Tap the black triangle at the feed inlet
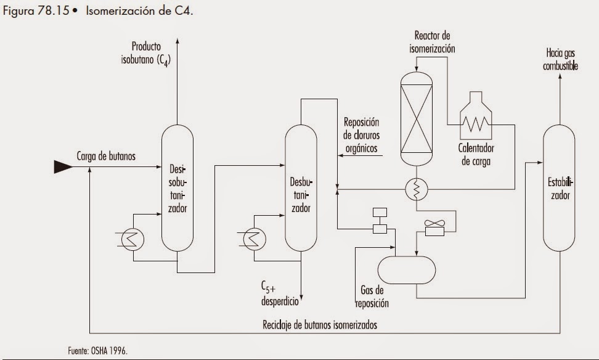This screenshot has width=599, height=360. pos(63,166)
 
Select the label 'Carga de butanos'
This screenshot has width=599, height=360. pos(106,156)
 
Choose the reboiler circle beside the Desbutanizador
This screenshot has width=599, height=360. pos(253,238)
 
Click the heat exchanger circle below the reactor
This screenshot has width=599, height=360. pos(417,191)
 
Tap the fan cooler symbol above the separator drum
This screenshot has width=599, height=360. pos(438,229)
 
